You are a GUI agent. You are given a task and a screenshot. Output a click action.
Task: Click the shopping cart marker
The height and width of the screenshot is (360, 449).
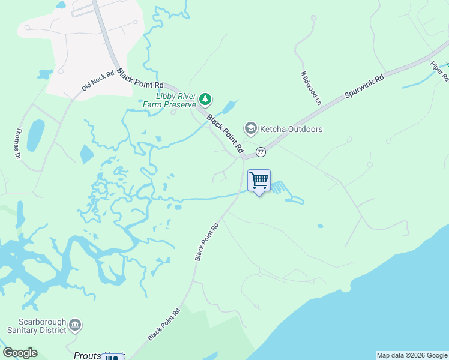pos(259,180)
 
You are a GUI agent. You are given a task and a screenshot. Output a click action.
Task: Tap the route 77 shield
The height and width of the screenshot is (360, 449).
pos(261,151)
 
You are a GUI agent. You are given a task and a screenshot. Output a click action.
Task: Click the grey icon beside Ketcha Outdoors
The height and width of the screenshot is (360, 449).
pos(250,128)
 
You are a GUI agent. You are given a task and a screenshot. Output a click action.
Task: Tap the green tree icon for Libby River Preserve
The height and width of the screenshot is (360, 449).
pos(205,98)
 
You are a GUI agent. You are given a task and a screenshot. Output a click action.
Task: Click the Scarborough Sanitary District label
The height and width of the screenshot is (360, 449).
pos(35,326)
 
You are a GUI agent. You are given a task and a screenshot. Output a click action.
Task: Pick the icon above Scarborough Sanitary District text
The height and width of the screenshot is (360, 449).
pos(75,325)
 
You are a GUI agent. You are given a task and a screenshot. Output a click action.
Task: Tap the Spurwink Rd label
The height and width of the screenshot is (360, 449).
pos(364,88)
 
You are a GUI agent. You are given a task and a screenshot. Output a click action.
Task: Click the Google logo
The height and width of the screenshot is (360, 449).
pos(20,352)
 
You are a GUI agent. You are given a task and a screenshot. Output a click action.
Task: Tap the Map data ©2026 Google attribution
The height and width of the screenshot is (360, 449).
pos(412,355)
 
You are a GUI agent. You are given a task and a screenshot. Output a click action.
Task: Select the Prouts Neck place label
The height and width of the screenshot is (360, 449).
pos(90,355)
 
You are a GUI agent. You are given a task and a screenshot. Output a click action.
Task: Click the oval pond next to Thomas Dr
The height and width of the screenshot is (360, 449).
pos(35,135)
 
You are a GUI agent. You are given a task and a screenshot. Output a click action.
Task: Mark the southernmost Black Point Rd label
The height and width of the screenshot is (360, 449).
pos(164,325)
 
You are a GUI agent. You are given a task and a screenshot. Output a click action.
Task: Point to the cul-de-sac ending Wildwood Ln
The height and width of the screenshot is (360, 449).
pos(313,18)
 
